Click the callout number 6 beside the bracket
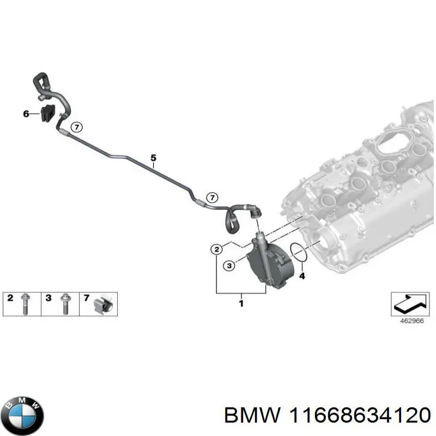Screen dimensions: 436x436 (26, 114)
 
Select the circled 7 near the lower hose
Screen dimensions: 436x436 (213, 197)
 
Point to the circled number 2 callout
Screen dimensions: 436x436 (216, 250)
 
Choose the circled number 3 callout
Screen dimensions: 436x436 (229, 265)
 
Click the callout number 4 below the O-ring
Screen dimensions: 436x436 (302, 276)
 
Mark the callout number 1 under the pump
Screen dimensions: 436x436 (241, 304)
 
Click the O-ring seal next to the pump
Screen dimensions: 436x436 (298, 251)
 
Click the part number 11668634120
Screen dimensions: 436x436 (360, 415)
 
